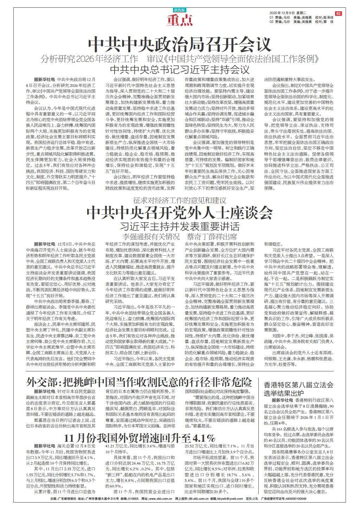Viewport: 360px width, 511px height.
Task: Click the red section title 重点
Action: tap(180, 21)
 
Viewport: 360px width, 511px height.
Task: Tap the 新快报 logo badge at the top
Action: tap(180, 10)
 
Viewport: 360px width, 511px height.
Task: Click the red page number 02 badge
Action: tap(338, 13)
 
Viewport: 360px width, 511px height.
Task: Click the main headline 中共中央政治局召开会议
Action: tap(180, 44)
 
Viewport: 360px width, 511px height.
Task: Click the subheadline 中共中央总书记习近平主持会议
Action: tap(180, 68)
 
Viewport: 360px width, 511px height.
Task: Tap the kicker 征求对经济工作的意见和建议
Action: tap(180, 200)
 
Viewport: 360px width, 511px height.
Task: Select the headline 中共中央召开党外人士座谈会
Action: tap(180, 212)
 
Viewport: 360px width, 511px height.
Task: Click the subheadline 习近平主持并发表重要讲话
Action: tap(180, 225)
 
